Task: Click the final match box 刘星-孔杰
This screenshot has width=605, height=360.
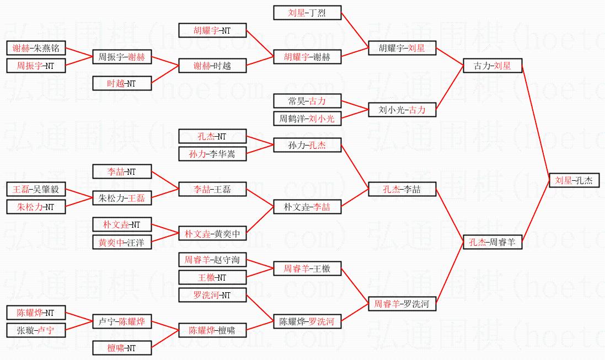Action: coord(574,180)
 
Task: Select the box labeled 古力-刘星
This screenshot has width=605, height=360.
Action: coord(492,66)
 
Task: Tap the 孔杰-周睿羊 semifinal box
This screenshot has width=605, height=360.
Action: coord(492,242)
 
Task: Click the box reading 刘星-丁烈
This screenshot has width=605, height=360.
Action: coord(307,13)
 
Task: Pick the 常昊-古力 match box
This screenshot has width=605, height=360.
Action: coord(307,101)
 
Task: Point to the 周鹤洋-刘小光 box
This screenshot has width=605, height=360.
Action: coord(307,119)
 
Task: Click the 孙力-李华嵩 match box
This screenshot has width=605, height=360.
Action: coord(212,154)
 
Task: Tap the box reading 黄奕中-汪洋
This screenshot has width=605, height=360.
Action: coord(121,242)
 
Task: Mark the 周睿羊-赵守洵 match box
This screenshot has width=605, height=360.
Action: coord(212,260)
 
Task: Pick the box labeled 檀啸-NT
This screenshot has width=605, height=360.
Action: coord(121,348)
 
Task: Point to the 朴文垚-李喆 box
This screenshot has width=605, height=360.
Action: coord(307,207)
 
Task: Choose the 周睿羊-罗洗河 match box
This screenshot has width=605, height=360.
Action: coord(402,304)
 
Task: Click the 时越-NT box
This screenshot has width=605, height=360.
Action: coord(121,83)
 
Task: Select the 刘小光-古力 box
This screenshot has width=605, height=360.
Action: coord(402,110)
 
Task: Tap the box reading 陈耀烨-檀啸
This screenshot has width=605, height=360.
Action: coord(212,330)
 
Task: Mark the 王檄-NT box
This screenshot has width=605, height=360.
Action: coord(212,277)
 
